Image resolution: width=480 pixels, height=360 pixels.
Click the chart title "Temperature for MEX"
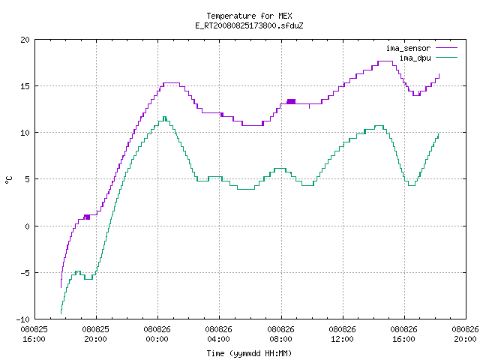249,16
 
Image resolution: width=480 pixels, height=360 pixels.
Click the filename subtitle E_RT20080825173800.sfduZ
249,25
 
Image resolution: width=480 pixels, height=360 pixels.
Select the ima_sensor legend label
408,48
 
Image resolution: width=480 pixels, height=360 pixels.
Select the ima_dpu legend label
415,58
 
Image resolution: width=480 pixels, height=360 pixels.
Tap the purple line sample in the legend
447,48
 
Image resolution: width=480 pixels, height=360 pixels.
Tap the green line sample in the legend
447,57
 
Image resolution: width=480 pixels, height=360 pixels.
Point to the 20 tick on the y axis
25,40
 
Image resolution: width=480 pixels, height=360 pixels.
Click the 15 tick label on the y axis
25,86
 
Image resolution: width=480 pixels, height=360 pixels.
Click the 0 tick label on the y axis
27,226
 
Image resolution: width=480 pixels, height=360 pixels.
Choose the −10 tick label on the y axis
23,319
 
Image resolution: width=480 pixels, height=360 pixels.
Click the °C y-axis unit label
8,180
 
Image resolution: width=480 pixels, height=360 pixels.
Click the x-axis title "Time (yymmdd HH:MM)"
249,353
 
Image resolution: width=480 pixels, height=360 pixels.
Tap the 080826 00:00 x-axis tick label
157,334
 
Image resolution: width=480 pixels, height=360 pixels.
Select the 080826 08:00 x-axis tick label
280,334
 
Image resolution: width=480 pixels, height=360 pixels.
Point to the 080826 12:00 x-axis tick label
342,334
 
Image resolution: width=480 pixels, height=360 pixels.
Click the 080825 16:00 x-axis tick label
34,334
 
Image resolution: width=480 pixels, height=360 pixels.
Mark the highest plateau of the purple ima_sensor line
385,61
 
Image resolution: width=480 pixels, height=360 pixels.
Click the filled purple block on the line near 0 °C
87,217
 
